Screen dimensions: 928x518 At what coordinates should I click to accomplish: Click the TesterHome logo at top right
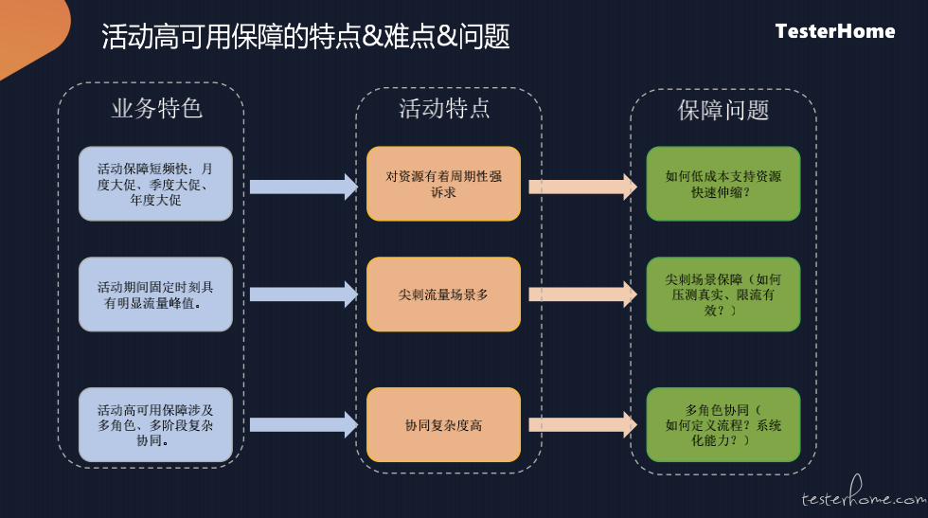(835, 31)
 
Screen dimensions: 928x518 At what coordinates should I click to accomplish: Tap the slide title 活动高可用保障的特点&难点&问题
(305, 36)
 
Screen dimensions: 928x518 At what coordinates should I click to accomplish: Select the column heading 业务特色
(157, 108)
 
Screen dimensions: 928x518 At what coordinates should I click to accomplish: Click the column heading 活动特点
(444, 108)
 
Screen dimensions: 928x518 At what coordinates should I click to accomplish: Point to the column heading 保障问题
(723, 110)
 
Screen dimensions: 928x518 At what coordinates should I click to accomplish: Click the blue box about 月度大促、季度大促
(155, 184)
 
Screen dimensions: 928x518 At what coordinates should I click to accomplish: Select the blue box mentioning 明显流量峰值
(155, 295)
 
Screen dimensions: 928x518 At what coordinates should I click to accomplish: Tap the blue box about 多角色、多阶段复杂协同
(155, 425)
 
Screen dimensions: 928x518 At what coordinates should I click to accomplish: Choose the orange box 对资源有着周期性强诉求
(444, 184)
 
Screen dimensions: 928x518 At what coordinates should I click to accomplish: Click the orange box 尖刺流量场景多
(444, 295)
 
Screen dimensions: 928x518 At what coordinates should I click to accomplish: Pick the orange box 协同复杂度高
(444, 425)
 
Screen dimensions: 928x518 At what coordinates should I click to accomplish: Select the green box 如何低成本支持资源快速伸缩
(723, 184)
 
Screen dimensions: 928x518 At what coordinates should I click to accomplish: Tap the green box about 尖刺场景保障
(723, 295)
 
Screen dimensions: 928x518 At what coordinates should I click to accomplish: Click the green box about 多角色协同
(723, 425)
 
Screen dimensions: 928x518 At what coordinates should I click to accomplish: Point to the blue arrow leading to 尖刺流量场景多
(304, 295)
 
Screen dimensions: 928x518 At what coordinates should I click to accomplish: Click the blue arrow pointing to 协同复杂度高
(304, 424)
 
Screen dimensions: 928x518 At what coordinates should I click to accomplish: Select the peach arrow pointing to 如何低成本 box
(583, 188)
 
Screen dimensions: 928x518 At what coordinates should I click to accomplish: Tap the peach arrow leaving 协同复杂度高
(583, 424)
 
